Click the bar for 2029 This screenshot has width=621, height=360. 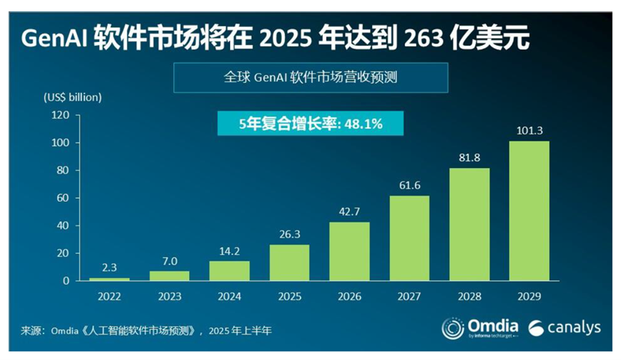coord(529,211)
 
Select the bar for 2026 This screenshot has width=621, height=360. coord(349,251)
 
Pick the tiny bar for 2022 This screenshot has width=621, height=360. coord(109,279)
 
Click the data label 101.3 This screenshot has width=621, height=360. coord(529,131)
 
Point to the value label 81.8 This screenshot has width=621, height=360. coord(469,158)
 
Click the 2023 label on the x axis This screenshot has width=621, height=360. coord(169,297)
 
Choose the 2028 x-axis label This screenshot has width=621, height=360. coord(469,297)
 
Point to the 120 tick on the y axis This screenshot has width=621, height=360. coord(61,115)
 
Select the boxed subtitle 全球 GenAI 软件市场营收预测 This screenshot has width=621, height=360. coord(310,76)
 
